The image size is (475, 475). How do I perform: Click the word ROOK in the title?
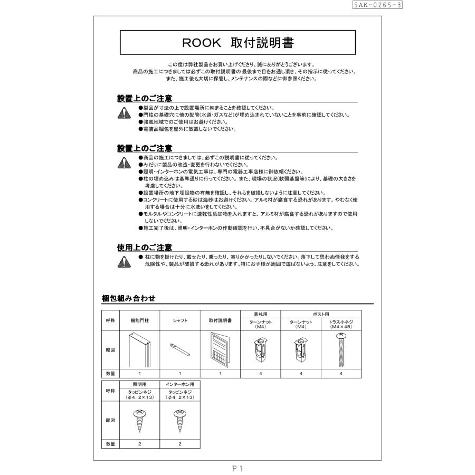pos(200,42)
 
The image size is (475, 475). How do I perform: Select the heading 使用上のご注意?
pos(144,246)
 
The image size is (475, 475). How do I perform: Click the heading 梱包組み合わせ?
pos(128,299)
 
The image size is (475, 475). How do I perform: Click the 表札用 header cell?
pos(260,313)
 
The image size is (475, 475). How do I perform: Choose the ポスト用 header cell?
pos(320,313)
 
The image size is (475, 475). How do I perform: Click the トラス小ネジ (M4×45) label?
pos(340,324)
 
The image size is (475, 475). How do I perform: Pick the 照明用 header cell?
pos(140,384)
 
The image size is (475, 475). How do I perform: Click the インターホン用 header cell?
pos(180,384)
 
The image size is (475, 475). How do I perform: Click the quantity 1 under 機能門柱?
pos(140,373)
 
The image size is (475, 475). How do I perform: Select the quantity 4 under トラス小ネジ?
pos(340,373)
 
